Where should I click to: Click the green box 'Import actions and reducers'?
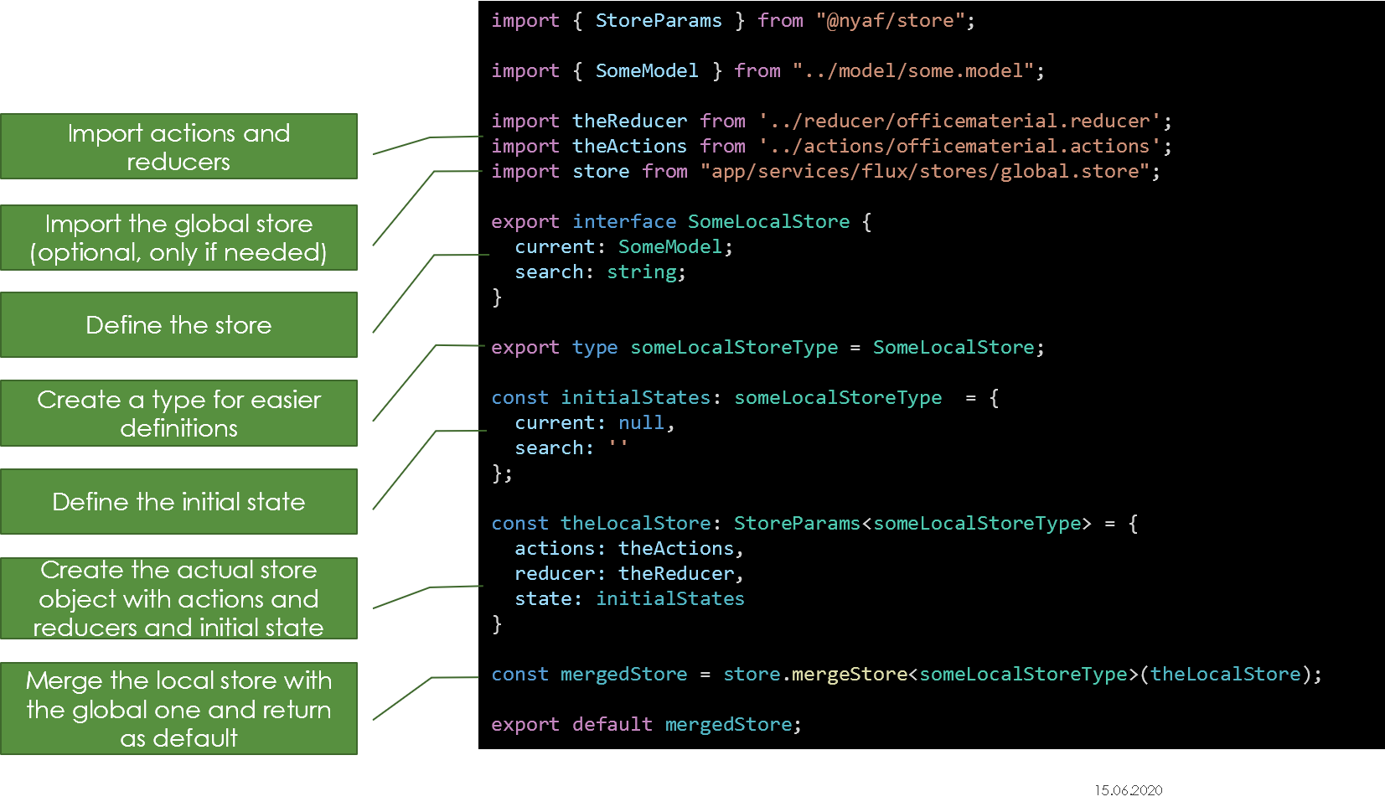pyautogui.click(x=178, y=147)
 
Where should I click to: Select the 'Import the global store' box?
pyautogui.click(x=178, y=238)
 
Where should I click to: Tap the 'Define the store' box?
pyautogui.click(x=178, y=325)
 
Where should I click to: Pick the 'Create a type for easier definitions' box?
pyautogui.click(x=178, y=413)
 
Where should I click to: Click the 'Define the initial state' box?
pyautogui.click(x=178, y=502)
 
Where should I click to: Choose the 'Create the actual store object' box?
pyautogui.click(x=178, y=598)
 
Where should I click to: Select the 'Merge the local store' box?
pyautogui.click(x=178, y=709)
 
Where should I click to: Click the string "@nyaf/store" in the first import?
pyautogui.click(x=890, y=20)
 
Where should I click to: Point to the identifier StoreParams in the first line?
pyautogui.click(x=659, y=20)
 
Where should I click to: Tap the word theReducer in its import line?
pyautogui.click(x=629, y=121)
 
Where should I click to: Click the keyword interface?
pyautogui.click(x=624, y=221)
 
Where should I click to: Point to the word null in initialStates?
pyautogui.click(x=641, y=422)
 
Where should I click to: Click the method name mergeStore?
pyautogui.click(x=849, y=674)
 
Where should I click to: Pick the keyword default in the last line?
pyautogui.click(x=612, y=724)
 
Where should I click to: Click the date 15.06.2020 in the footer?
pyautogui.click(x=1128, y=790)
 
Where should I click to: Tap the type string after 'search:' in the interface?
pyautogui.click(x=641, y=272)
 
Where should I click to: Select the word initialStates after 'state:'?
pyautogui.click(x=669, y=598)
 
